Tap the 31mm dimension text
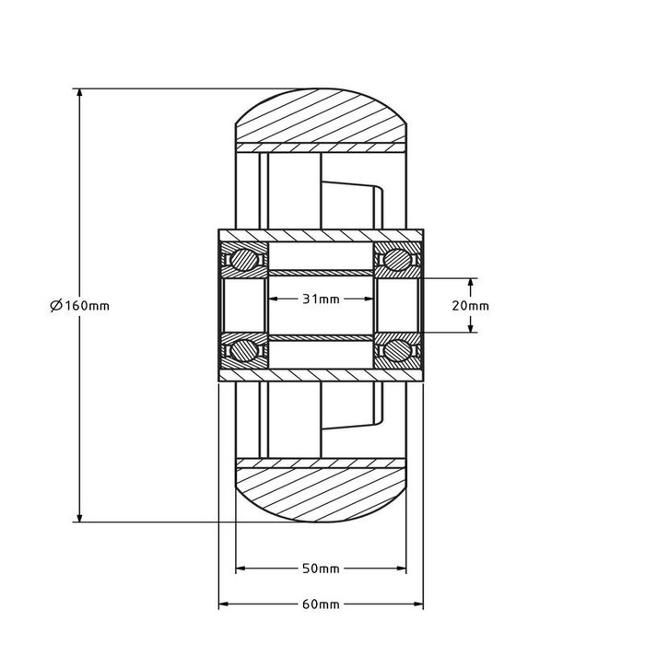pyautogui.click(x=322, y=299)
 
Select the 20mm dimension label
pyautogui.click(x=471, y=305)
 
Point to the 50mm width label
pyautogui.click(x=322, y=569)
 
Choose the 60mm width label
pyautogui.click(x=322, y=605)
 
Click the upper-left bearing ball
pyautogui.click(x=244, y=259)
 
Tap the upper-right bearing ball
pyautogui.click(x=398, y=259)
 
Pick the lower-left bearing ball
pyautogui.click(x=244, y=350)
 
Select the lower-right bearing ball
pyautogui.click(x=398, y=350)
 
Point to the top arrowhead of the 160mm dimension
pyautogui.click(x=81, y=95)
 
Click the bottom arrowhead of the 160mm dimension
pyautogui.click(x=81, y=516)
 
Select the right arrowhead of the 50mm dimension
pyautogui.click(x=404, y=569)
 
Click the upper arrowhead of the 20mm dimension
pyautogui.click(x=471, y=283)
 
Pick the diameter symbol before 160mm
pyautogui.click(x=56, y=306)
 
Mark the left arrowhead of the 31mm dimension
pyautogui.click(x=274, y=299)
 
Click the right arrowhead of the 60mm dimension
pyautogui.click(x=419, y=605)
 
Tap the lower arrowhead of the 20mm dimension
pyautogui.click(x=471, y=326)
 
